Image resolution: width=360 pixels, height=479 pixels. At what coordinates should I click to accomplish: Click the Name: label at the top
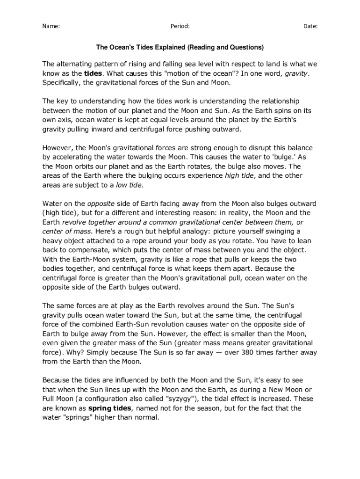[x=51, y=26]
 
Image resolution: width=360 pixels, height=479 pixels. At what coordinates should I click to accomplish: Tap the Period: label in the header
[x=180, y=26]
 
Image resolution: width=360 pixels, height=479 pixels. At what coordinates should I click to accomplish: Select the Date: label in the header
[x=310, y=26]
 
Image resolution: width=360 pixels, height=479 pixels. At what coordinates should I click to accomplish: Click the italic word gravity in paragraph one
[x=296, y=73]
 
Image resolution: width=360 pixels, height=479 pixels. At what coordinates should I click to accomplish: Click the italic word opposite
[x=101, y=203]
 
